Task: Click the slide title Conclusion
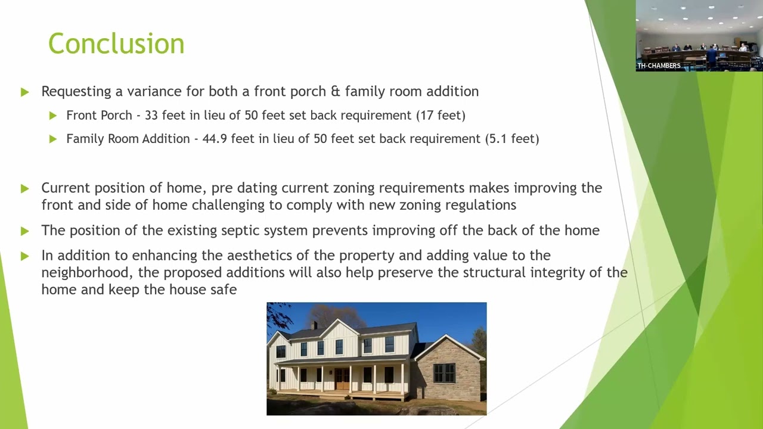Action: (x=116, y=43)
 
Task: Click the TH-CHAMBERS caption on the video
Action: (x=659, y=66)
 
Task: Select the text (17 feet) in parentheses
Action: (x=441, y=116)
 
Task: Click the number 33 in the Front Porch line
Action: (x=151, y=116)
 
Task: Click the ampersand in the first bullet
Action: (x=336, y=91)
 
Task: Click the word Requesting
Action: (x=76, y=92)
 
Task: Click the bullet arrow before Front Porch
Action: (x=53, y=116)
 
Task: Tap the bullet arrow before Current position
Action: (x=24, y=188)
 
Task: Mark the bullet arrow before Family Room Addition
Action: (x=53, y=139)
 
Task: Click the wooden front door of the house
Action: (x=342, y=378)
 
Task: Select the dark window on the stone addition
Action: (x=444, y=373)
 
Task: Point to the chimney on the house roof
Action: (x=314, y=325)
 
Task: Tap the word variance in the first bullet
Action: (x=154, y=92)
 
